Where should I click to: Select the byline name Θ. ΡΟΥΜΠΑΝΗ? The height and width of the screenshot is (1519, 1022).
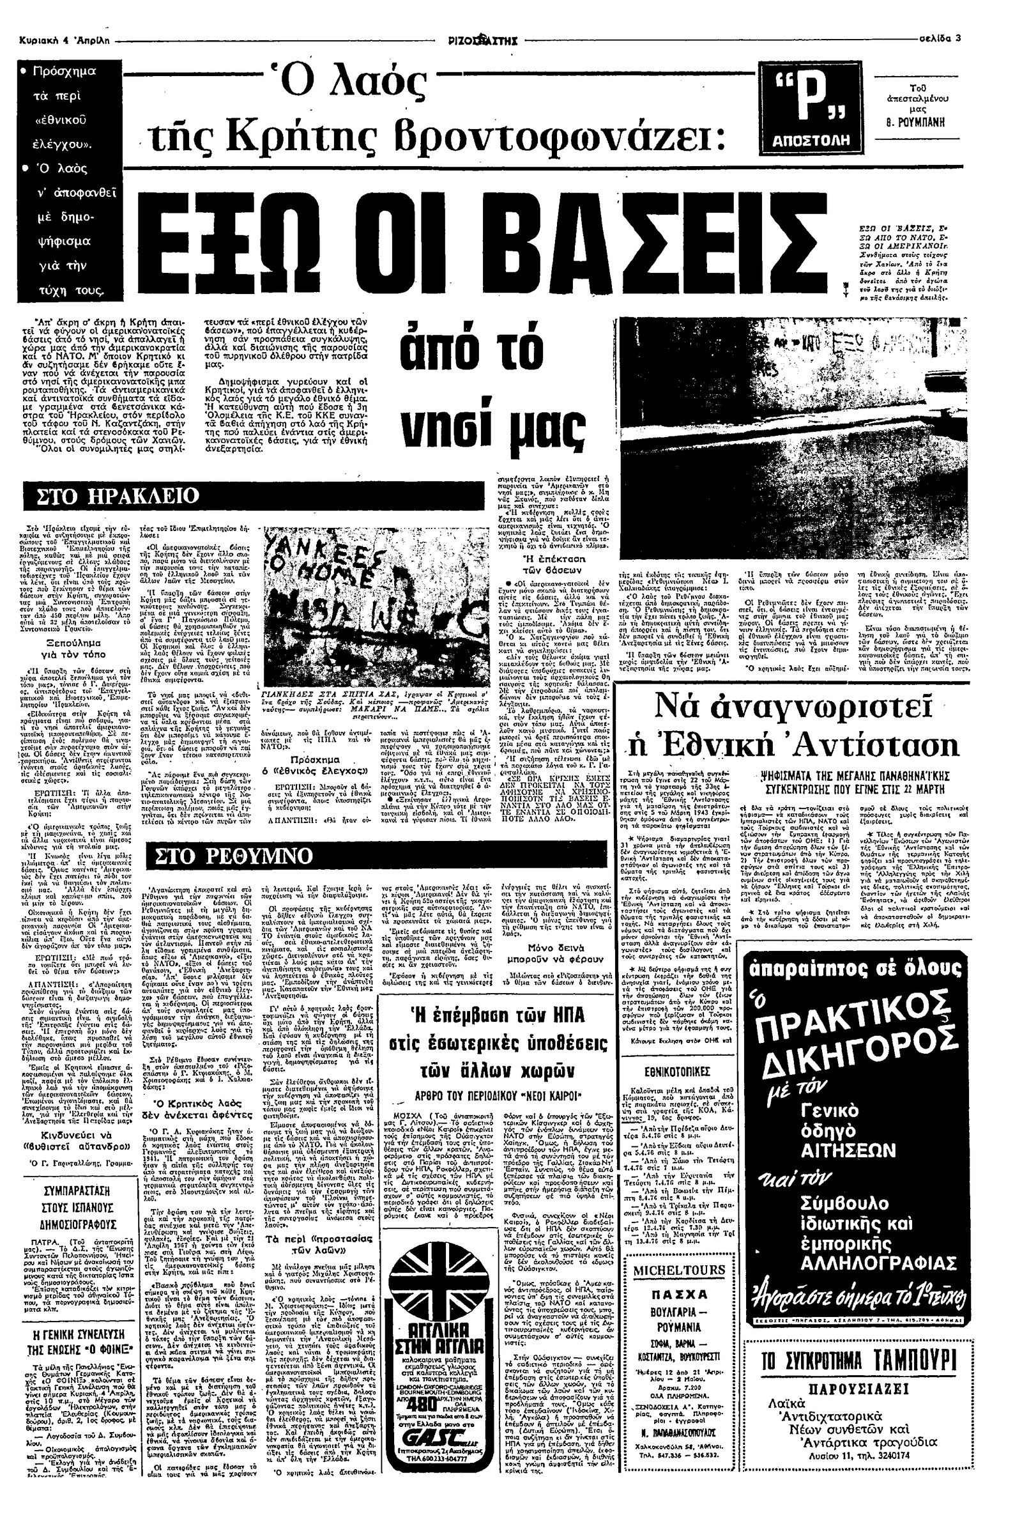[917, 123]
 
